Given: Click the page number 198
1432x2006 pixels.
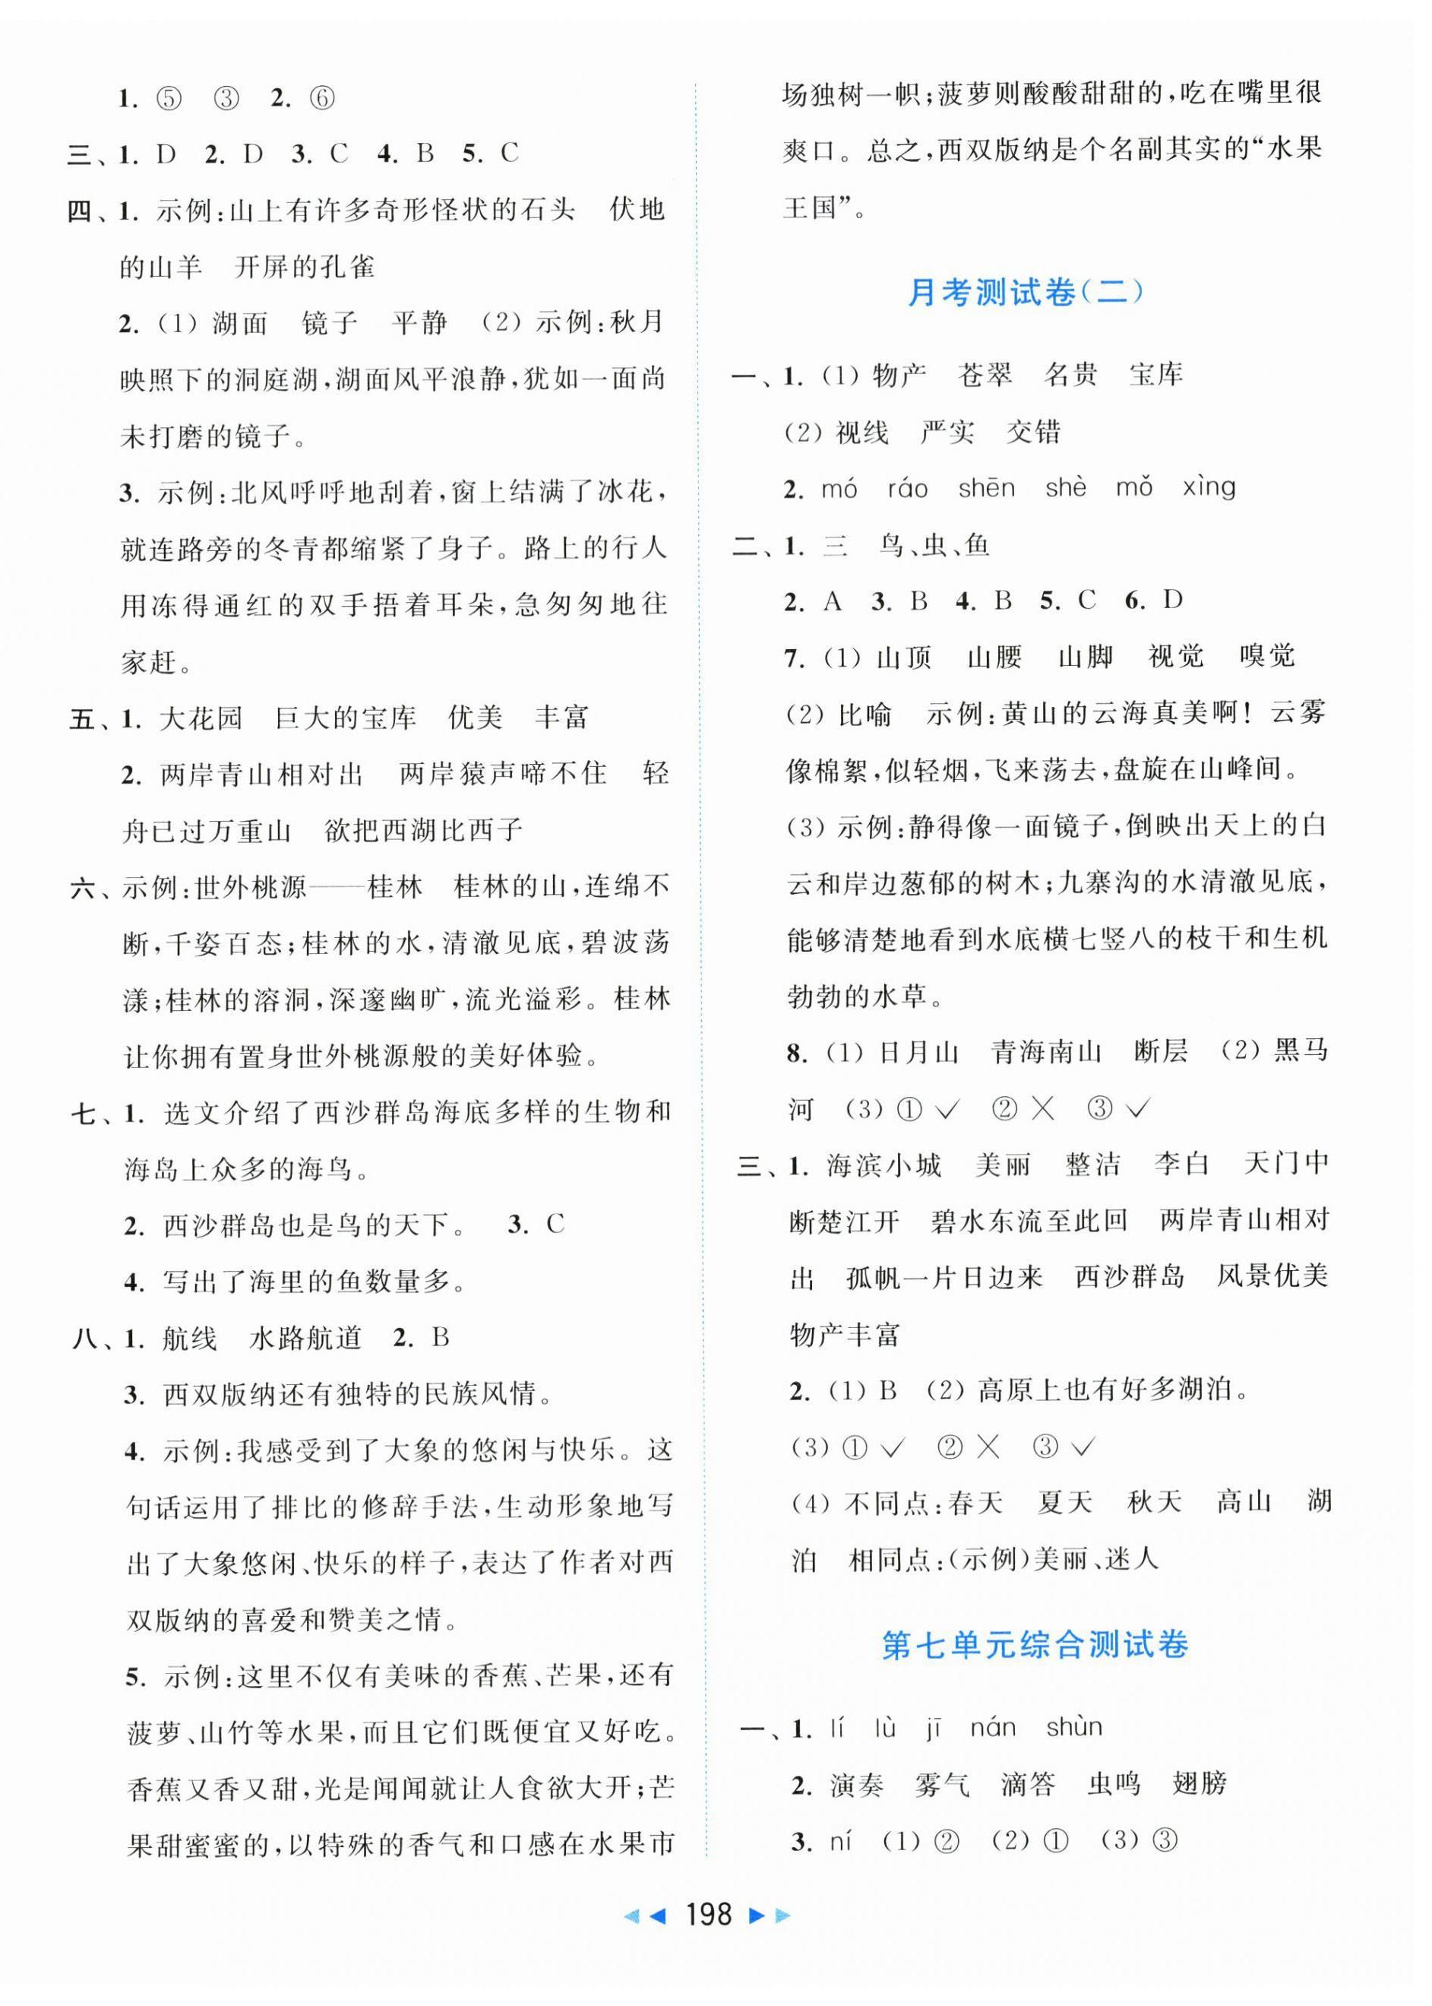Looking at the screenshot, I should tap(708, 1914).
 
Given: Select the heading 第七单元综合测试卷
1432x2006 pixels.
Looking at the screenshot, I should tap(1035, 1645).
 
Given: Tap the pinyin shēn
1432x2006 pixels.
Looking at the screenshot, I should tap(987, 489).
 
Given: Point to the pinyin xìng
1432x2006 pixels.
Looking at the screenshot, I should tap(1209, 489).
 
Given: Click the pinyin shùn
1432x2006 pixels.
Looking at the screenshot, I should tap(1074, 1726).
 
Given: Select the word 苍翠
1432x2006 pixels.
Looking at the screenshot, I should tap(985, 375).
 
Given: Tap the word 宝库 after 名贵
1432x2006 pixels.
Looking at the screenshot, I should tap(1156, 375).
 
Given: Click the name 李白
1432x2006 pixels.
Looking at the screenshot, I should tap(1181, 1165).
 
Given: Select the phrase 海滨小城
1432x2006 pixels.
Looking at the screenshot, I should tap(884, 1165).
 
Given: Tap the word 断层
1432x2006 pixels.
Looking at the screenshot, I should tap(1162, 1051).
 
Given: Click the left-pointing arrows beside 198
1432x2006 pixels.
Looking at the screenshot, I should tap(644, 1915).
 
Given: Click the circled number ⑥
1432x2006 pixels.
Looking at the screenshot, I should tap(323, 98).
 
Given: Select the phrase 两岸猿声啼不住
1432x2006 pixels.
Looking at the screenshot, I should tap(504, 774).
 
